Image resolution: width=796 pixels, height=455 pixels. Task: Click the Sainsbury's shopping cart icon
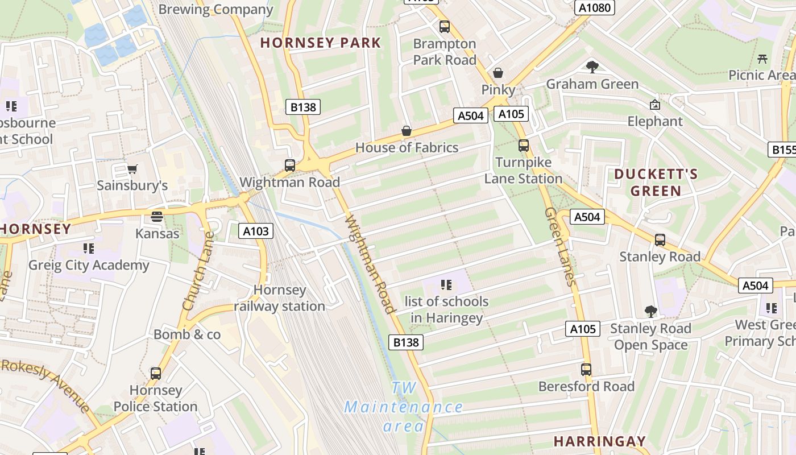132,168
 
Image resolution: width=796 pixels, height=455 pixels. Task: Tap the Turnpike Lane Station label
523,171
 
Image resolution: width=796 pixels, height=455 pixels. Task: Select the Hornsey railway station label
280,298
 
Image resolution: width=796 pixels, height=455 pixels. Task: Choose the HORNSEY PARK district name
321,43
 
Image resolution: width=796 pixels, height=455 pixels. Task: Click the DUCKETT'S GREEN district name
656,182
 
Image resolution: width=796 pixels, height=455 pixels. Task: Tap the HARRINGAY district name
600,441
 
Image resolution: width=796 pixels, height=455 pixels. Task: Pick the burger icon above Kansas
157,217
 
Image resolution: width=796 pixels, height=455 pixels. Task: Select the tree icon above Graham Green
592,67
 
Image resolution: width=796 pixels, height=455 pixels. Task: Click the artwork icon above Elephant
655,105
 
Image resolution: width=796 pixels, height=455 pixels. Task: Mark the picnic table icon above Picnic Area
763,59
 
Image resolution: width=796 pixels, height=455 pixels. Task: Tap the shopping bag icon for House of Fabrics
407,131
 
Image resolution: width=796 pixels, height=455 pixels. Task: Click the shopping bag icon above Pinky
498,73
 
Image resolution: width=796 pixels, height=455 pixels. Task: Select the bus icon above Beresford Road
586,369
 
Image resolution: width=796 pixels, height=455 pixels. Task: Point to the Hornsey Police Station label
155,399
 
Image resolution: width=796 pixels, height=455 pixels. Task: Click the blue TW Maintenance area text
404,407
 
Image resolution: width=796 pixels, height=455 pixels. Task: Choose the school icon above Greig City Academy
89,249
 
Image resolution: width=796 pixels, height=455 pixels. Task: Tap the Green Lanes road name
561,246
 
